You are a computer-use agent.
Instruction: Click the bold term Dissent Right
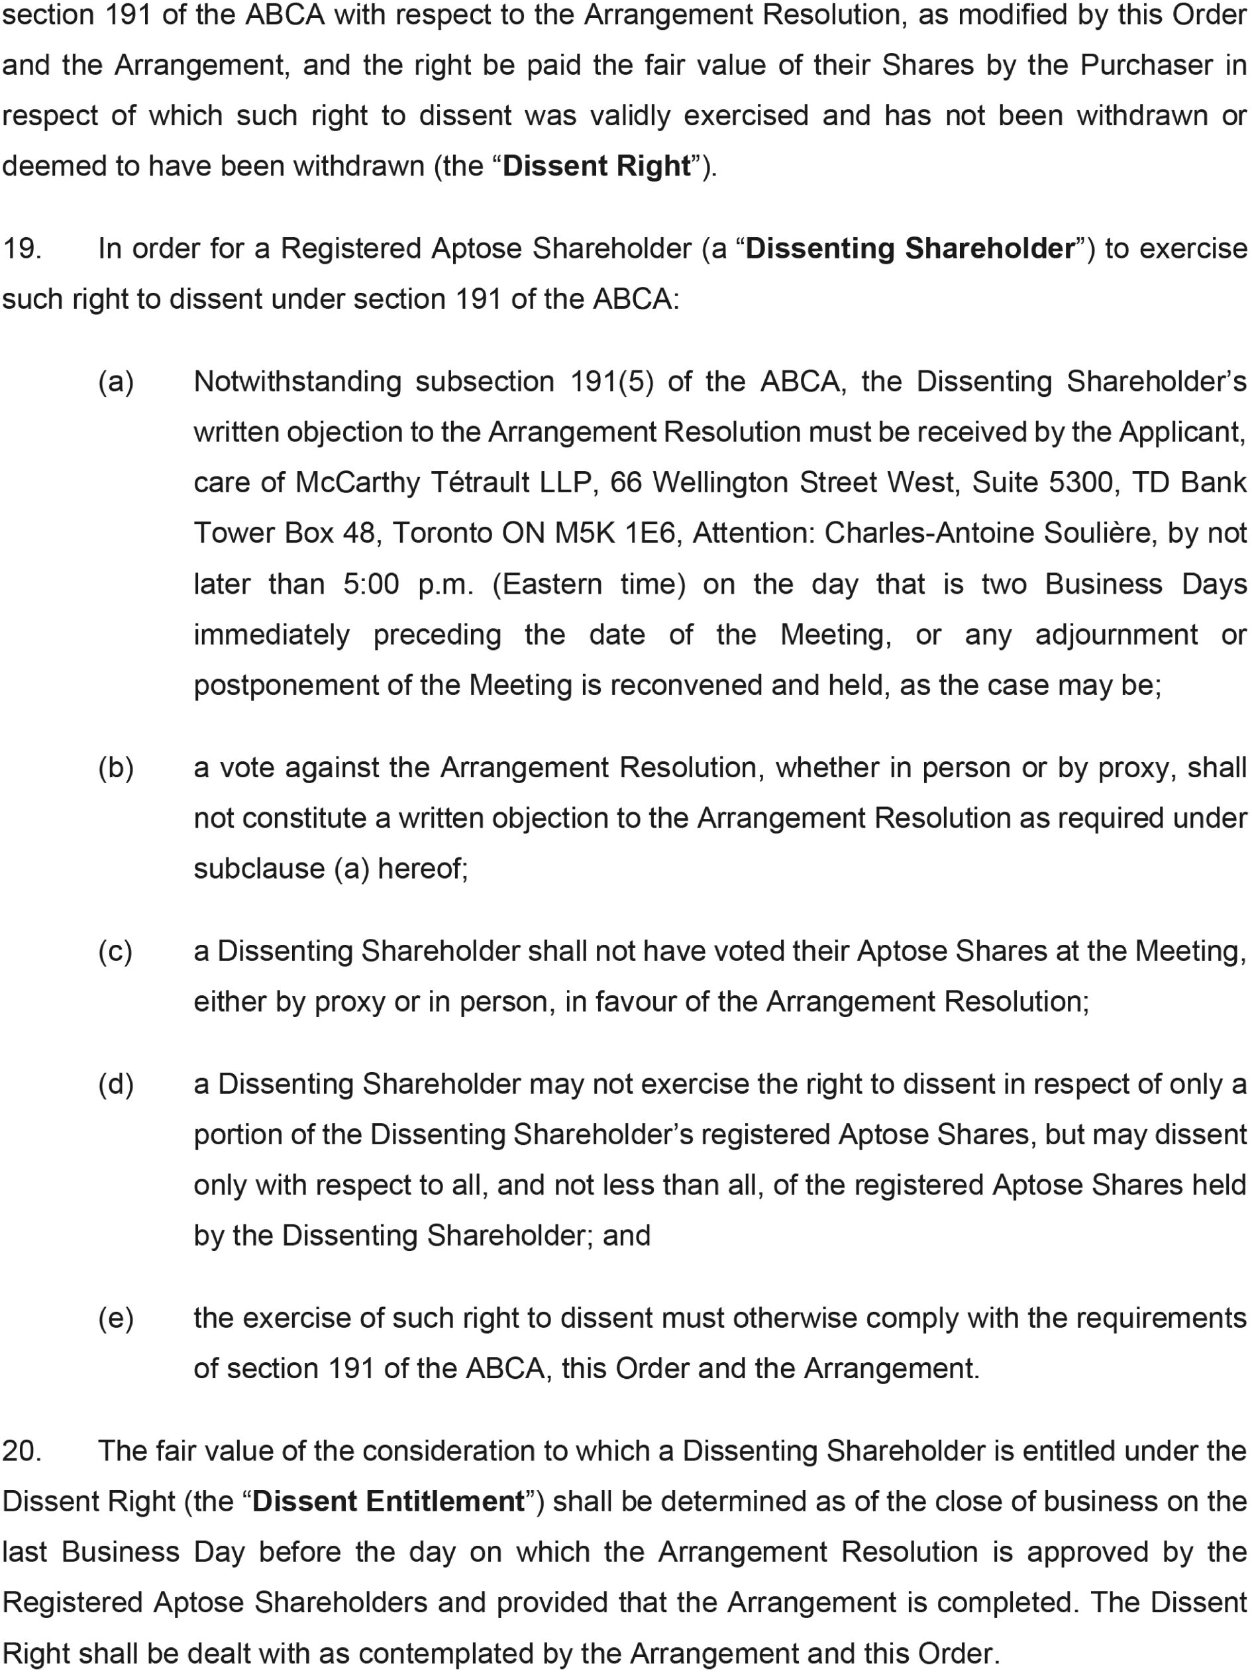[596, 166]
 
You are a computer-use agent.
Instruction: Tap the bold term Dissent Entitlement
[389, 1501]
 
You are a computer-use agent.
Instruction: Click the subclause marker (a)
[116, 381]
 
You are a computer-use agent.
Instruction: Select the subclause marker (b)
[116, 768]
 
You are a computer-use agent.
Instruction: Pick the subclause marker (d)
[116, 1084]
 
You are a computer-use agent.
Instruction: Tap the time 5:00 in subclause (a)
[370, 584]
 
